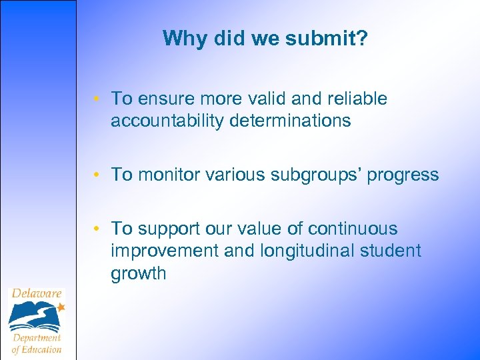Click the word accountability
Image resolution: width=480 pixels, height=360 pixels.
click(167, 121)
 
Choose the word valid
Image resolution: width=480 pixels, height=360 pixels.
click(263, 99)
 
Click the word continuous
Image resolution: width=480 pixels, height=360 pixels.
click(353, 229)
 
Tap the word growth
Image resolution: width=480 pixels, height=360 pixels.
click(139, 273)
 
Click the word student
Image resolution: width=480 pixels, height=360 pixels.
click(391, 251)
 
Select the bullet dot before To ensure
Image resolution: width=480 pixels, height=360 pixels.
click(97, 99)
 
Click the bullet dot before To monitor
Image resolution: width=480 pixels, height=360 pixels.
click(97, 175)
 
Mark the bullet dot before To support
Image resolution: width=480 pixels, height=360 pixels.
click(97, 229)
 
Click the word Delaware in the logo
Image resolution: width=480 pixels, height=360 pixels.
click(37, 293)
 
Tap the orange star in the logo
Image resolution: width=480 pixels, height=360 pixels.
click(61, 307)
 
